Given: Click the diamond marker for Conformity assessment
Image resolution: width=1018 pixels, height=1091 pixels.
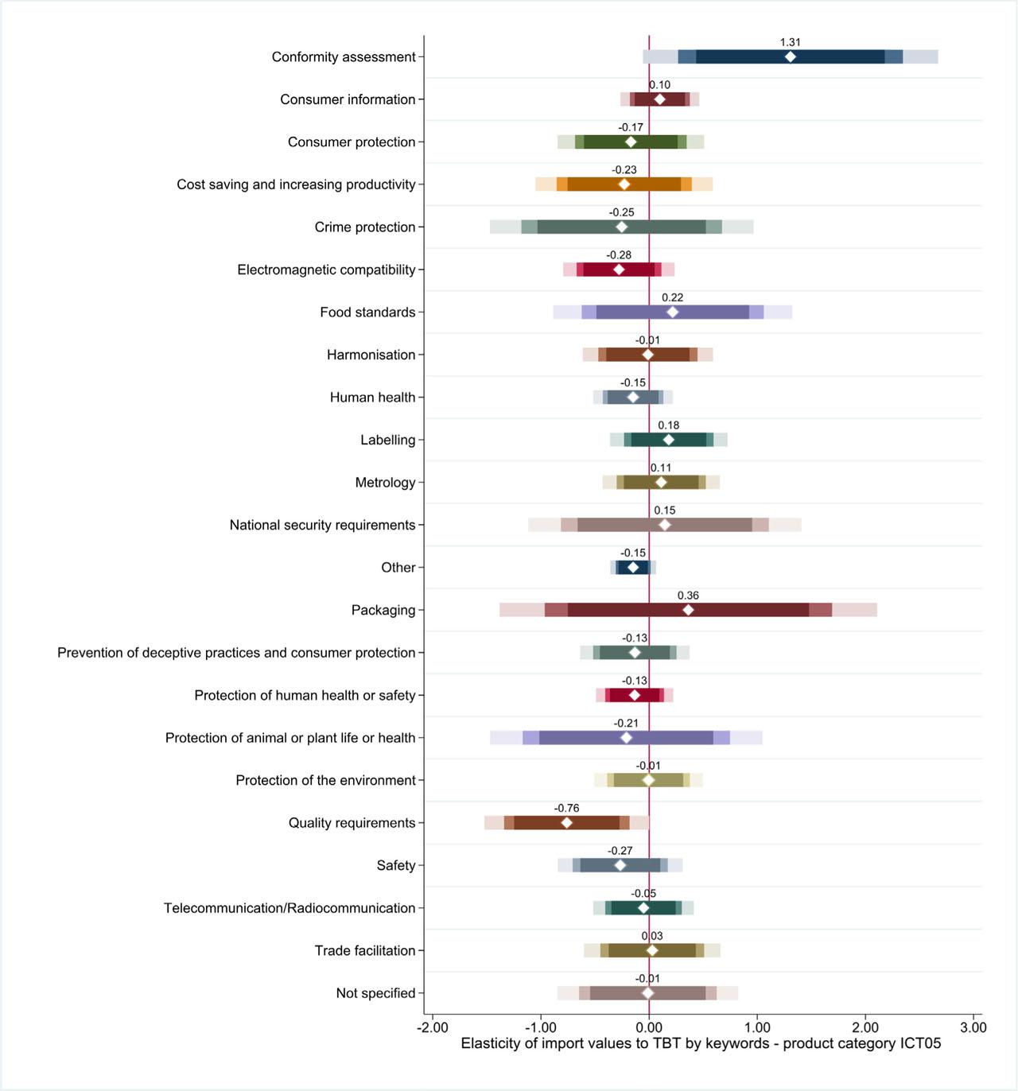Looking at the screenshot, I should [x=790, y=56].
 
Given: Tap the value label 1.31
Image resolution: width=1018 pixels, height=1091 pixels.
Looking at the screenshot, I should [x=790, y=42].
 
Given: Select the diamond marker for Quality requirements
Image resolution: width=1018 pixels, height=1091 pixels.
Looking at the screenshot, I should [x=566, y=822].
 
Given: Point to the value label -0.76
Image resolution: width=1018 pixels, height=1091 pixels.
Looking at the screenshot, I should [x=566, y=808].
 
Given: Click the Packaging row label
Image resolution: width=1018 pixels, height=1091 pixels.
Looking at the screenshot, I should [x=383, y=610].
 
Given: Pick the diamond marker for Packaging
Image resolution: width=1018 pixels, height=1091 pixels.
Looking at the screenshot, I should [x=688, y=610].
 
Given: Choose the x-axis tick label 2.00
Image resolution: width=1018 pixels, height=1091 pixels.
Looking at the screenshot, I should [x=865, y=1027].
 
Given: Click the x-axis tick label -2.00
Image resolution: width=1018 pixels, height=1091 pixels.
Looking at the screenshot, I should [x=433, y=1027].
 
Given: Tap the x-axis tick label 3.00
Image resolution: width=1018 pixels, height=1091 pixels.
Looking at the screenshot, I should [x=973, y=1027].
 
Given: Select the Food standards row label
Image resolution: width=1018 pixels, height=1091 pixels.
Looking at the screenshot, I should [x=367, y=312].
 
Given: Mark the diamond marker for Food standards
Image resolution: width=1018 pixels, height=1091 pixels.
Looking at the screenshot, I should [x=673, y=312].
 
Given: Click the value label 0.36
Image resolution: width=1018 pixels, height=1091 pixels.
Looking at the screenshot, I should [x=688, y=596].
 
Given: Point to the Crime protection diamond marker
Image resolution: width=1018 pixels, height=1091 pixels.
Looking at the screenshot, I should [x=622, y=227].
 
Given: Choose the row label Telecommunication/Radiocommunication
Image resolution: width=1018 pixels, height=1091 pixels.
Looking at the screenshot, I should [x=289, y=908].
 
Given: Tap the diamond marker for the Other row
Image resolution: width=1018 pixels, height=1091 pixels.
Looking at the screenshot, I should [x=633, y=567].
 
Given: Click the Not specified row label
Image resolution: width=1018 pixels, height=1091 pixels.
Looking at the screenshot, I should [x=375, y=993].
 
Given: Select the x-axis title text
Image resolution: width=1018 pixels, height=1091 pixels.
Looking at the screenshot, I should [x=701, y=1043].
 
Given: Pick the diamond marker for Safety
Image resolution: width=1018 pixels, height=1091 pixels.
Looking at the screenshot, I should [x=620, y=865].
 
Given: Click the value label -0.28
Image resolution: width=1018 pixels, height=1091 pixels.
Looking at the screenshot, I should [x=619, y=255].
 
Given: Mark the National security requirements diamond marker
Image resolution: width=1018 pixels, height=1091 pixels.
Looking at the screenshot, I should [x=665, y=525].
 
